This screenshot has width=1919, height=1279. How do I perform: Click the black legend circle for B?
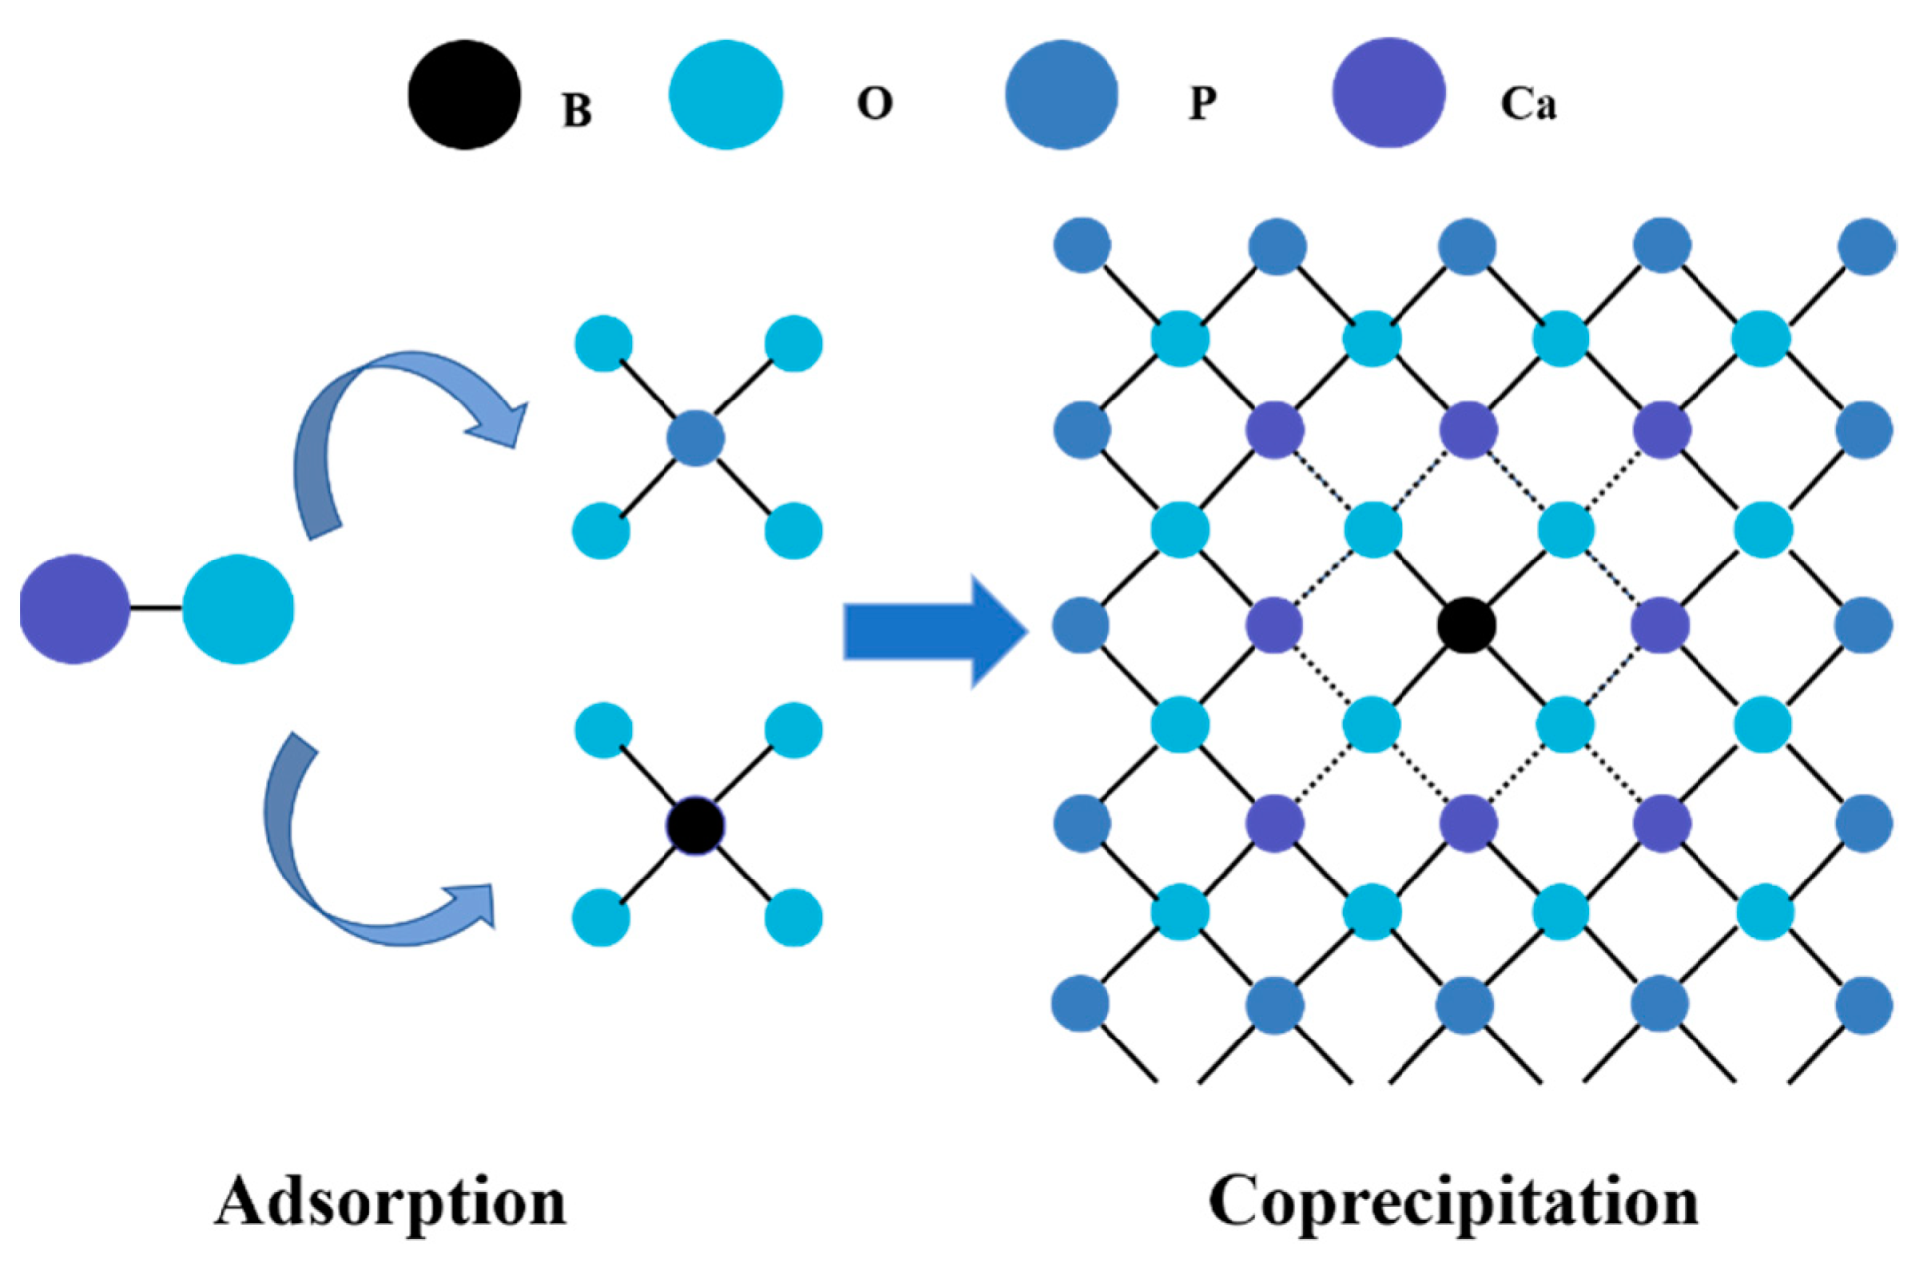pos(465,95)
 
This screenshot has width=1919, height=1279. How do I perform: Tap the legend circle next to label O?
pos(726,95)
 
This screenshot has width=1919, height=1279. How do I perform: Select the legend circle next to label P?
pos(1062,95)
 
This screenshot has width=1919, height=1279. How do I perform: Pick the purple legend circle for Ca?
pos(1388,93)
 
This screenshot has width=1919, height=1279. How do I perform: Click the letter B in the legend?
pos(577,110)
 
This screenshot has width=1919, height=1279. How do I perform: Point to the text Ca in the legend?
pos(1528,104)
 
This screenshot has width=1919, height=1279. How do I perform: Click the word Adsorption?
pos(390,1201)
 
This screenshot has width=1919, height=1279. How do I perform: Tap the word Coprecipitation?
pos(1452,1201)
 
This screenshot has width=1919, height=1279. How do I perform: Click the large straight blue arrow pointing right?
pos(934,631)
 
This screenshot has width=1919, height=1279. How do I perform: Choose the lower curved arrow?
pos(358,865)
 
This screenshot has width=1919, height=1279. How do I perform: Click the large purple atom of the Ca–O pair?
pos(74,608)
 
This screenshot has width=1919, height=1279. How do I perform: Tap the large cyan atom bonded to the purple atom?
pos(238,608)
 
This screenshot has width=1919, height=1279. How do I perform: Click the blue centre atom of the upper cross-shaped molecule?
pos(695,438)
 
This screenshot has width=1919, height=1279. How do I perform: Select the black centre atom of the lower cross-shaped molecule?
pos(695,825)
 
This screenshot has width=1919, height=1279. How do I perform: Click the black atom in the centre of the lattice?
pos(1466,626)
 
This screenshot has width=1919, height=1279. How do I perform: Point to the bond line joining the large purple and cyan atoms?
pos(156,608)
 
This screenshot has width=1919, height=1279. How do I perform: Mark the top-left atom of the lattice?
pos(1082,245)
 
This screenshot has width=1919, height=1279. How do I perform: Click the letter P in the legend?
pos(1203,103)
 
